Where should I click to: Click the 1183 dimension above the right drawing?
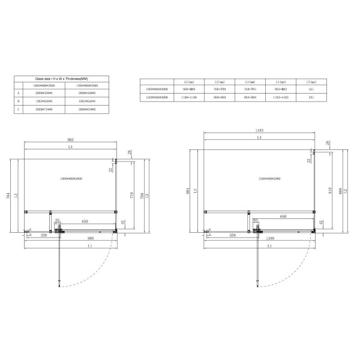(260, 130)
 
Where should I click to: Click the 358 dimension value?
(36, 236)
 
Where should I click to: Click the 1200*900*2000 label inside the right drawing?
(260, 179)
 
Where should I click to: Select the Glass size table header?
(62, 79)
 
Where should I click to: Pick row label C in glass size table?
(19, 109)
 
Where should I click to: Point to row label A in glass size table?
(19, 93)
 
